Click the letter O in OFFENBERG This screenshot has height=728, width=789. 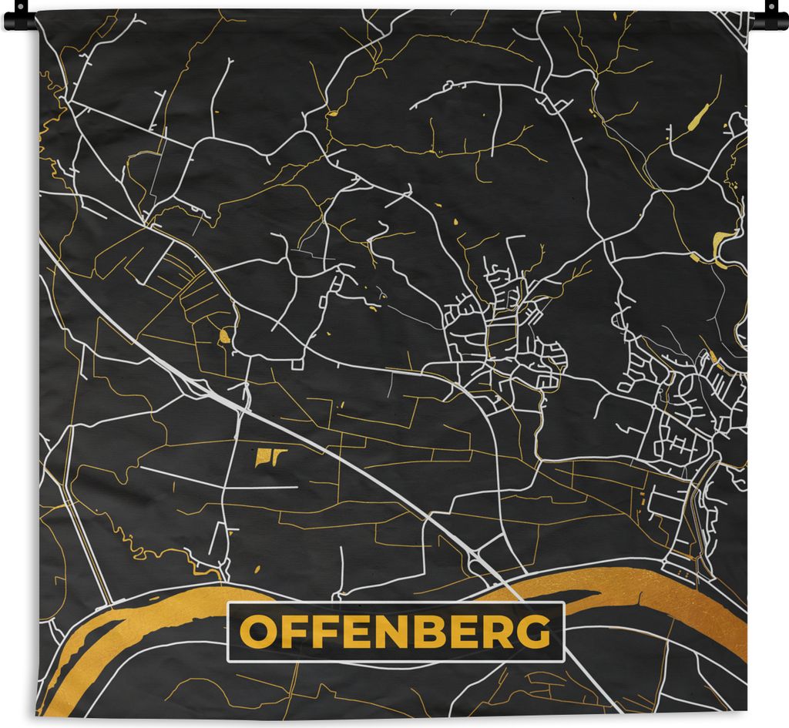click(x=256, y=632)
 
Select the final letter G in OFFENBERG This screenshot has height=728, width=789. click(x=533, y=632)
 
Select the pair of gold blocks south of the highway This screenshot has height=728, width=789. click(x=270, y=457)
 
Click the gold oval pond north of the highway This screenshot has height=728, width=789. click(x=225, y=336)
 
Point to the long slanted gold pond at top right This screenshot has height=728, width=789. click(x=698, y=117)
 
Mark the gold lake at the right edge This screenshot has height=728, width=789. click(x=724, y=240)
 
